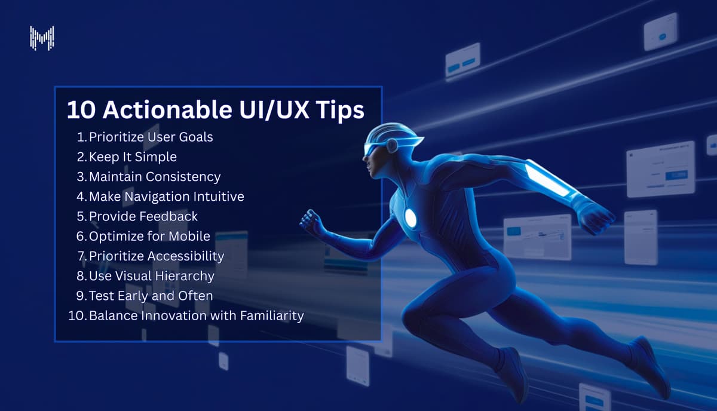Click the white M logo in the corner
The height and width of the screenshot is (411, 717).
click(42, 38)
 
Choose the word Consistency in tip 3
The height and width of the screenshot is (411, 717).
click(183, 177)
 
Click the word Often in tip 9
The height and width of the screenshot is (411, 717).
click(196, 296)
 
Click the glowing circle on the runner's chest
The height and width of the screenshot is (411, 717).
click(410, 218)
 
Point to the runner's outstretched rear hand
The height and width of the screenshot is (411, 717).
click(595, 219)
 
